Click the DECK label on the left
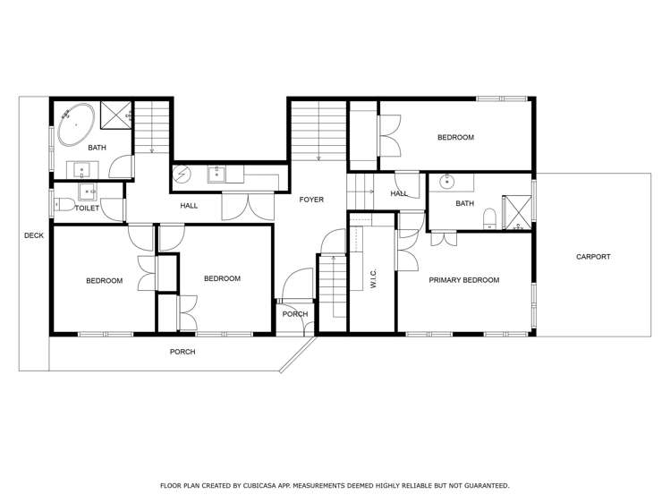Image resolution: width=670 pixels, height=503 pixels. (33, 236)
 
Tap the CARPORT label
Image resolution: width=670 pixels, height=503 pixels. (593, 257)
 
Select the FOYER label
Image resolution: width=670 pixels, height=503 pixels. (311, 200)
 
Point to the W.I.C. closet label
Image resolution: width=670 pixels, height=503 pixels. (373, 280)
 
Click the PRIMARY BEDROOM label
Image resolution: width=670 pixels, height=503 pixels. (463, 280)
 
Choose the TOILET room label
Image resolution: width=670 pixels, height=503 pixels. (88, 208)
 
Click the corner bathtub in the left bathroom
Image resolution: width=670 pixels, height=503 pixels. (75, 124)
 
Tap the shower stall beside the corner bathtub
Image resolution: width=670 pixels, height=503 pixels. (116, 115)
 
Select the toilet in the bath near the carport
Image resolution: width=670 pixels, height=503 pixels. (489, 218)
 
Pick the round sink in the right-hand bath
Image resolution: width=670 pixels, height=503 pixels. (446, 183)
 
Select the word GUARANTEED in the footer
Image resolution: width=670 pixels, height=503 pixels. (484, 485)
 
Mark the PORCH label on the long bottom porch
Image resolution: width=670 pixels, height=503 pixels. (182, 352)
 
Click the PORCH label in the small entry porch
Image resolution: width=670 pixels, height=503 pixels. (294, 314)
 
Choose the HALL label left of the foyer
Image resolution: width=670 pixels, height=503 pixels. (189, 206)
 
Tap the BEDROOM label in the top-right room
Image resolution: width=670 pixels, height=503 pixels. (455, 138)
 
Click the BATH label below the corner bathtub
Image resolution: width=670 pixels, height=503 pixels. (97, 148)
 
